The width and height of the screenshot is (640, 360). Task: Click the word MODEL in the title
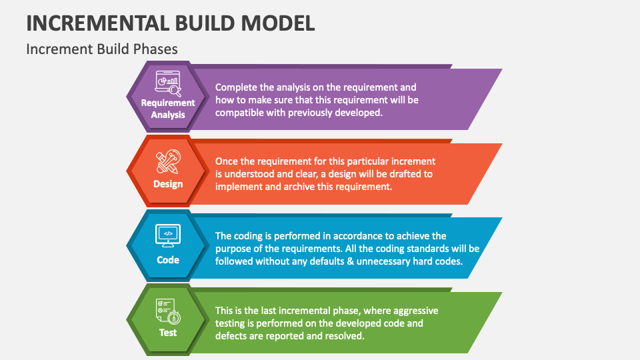[x=277, y=23]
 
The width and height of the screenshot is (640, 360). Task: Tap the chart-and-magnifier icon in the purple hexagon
[x=168, y=84]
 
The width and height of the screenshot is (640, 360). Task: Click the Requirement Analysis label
[x=168, y=109]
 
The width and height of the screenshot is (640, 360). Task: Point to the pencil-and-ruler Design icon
[x=168, y=161]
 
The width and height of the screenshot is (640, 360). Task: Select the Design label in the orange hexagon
[x=168, y=184]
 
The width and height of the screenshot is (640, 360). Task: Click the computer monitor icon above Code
[x=168, y=236]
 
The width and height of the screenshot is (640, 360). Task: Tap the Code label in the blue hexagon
[x=168, y=260]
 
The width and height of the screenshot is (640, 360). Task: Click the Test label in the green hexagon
[x=168, y=333]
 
